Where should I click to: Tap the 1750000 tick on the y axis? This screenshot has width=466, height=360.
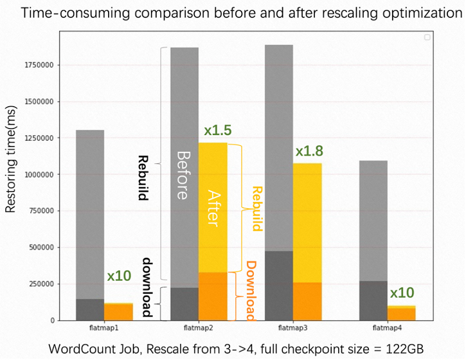pos(39,65)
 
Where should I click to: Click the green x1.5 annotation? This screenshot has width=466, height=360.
pos(218,130)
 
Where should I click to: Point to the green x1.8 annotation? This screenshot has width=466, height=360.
pos(309,152)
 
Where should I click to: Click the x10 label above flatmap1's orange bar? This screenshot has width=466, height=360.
pos(119,277)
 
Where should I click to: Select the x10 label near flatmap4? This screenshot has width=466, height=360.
pos(402,293)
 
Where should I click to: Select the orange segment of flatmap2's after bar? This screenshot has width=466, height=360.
pos(213,296)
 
